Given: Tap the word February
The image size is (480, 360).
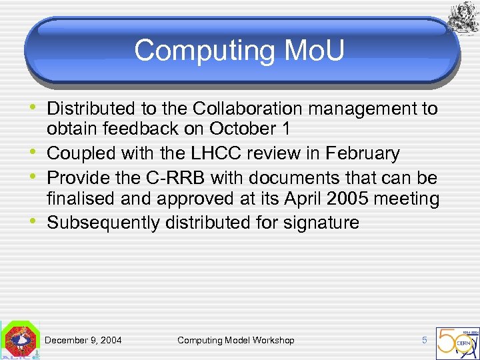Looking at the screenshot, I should [362, 153].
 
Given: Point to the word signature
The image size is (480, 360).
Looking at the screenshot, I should [320, 223].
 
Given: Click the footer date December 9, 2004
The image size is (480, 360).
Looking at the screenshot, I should [83, 340].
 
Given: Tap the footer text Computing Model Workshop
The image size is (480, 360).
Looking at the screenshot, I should [235, 340].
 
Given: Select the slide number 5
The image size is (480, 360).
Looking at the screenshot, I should [424, 340].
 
